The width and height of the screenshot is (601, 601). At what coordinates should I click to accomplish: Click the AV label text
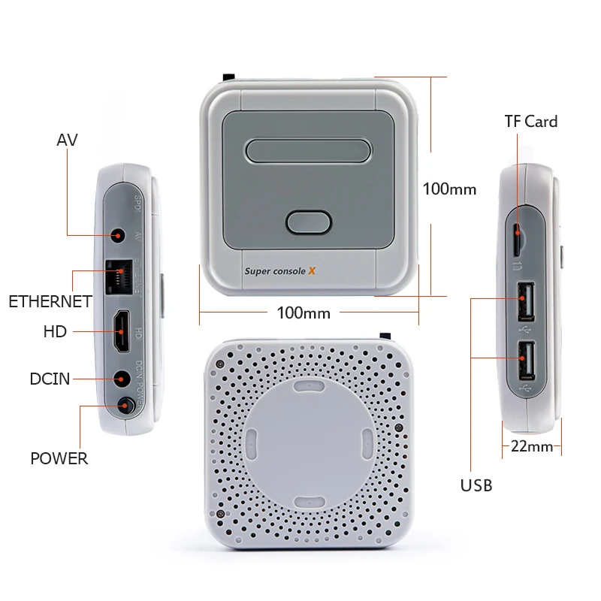click(68, 140)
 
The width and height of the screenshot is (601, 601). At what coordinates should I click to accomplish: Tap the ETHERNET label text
click(50, 302)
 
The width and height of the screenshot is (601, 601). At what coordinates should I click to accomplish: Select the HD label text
click(56, 331)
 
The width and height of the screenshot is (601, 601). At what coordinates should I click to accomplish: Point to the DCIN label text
click(50, 379)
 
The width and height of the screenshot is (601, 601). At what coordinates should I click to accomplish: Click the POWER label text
click(59, 458)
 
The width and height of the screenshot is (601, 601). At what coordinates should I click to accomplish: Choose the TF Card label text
click(531, 121)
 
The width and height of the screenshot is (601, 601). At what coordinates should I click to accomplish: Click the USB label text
click(476, 485)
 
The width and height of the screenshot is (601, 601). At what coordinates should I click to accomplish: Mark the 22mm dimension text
click(532, 445)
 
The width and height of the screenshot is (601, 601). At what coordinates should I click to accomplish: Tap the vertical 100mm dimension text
click(449, 189)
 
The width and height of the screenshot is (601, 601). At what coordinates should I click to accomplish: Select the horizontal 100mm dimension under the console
click(304, 313)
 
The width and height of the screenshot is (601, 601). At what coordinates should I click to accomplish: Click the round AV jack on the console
click(117, 236)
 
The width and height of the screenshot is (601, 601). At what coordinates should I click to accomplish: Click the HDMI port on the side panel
click(120, 331)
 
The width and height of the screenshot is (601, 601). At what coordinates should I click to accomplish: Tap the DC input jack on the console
click(119, 379)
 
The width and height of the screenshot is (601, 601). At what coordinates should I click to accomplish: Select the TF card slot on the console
click(520, 238)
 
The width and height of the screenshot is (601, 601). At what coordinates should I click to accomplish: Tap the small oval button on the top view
click(309, 223)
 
